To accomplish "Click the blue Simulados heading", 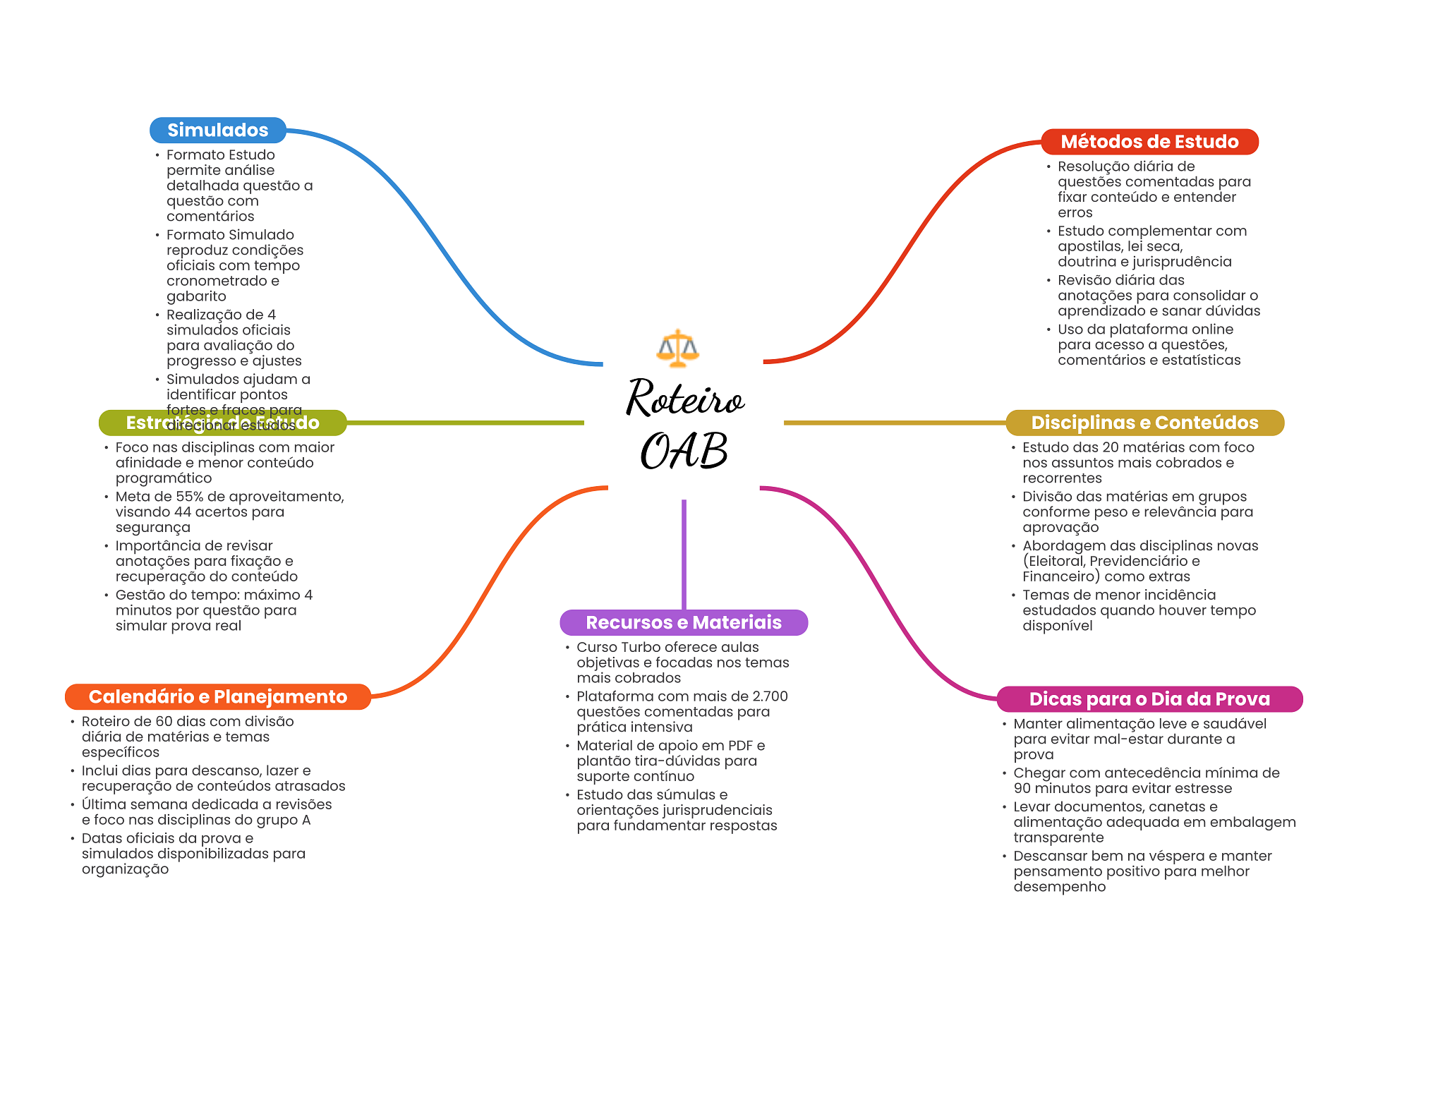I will click(217, 131).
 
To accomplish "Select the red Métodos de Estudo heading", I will click(1149, 142).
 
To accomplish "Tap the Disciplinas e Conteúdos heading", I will click(1144, 423).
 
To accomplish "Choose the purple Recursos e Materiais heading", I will click(683, 622).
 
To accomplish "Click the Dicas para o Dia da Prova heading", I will click(1149, 699).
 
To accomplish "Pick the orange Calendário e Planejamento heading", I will click(217, 697).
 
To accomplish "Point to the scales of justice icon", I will click(677, 348).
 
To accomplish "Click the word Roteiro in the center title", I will click(684, 399).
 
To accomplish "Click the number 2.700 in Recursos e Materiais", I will click(770, 696).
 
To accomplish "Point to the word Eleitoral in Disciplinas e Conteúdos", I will click(1054, 562).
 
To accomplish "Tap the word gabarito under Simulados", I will click(196, 297).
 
